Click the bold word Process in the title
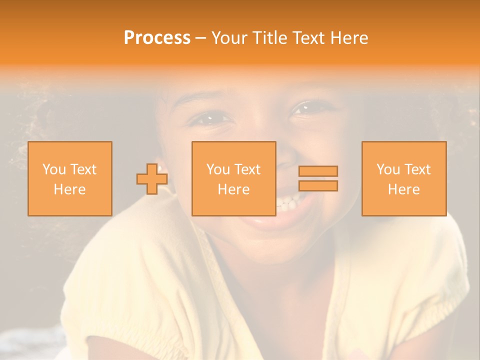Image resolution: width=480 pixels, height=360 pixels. coord(157,38)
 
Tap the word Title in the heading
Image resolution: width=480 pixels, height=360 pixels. coord(269,38)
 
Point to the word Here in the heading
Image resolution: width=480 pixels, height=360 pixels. coord(349,38)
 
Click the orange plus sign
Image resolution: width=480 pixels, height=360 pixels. coord(152,179)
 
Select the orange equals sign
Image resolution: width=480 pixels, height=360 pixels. coord(318,178)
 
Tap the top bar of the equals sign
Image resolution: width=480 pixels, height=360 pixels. coord(318,171)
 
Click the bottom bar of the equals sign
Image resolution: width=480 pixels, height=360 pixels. coord(318,186)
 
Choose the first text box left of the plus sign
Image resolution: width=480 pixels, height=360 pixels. coord(70,178)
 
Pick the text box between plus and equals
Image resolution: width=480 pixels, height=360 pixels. coord(233,178)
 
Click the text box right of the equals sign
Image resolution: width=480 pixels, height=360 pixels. coord(404,178)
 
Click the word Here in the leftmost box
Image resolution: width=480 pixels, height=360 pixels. coord(70,189)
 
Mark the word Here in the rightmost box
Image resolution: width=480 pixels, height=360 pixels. coord(404,189)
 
